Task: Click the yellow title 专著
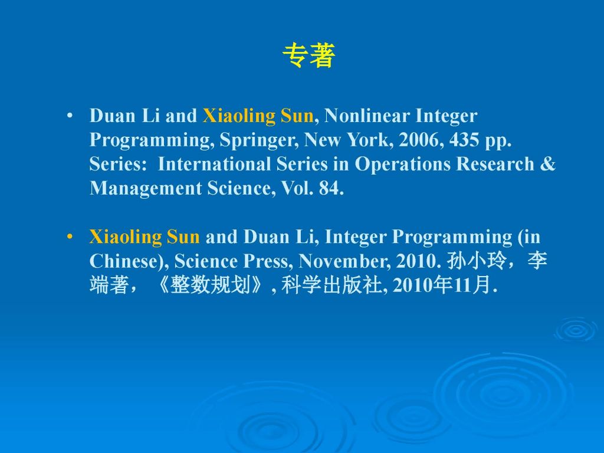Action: pyautogui.click(x=309, y=55)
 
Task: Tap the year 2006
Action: pyautogui.click(x=418, y=140)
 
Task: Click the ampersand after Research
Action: pyautogui.click(x=548, y=164)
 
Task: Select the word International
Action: pyautogui.click(x=214, y=164)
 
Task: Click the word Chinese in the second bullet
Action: pyautogui.click(x=122, y=261)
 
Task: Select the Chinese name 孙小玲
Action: pyautogui.click(x=476, y=261)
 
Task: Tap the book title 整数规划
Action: pyautogui.click(x=210, y=285)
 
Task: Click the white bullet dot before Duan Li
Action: pyautogui.click(x=70, y=115)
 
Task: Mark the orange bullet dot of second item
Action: pyautogui.click(x=70, y=236)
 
